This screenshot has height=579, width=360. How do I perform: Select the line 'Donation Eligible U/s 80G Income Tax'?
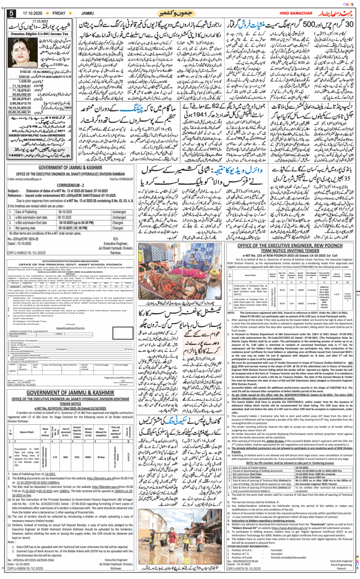click(40, 33)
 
